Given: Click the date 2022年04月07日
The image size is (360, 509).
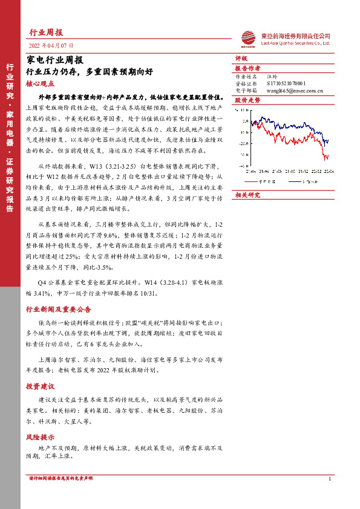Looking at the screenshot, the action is point(51,46).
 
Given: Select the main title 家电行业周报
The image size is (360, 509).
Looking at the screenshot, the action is point(51,59).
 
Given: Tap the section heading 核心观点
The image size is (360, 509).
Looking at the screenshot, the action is point(40,84).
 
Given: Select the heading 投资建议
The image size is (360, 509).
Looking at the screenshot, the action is point(40,386).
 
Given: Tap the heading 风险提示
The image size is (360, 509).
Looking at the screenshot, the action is point(40,436).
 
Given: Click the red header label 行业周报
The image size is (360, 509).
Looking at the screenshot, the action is point(46,33).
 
